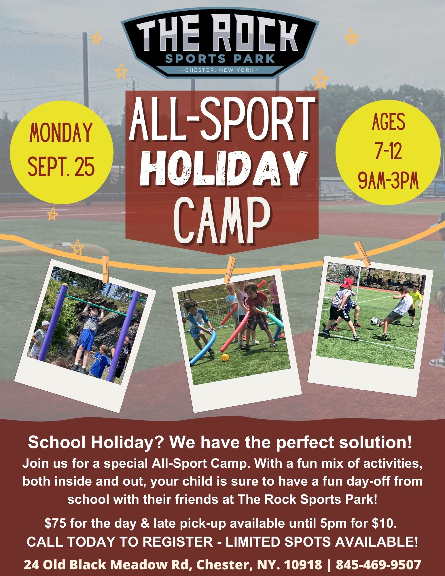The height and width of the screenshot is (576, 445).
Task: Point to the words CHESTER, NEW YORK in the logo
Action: click(x=219, y=70)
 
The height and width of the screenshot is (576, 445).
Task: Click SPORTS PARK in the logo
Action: click(x=220, y=59)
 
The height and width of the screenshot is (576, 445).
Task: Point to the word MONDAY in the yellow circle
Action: click(x=61, y=133)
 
